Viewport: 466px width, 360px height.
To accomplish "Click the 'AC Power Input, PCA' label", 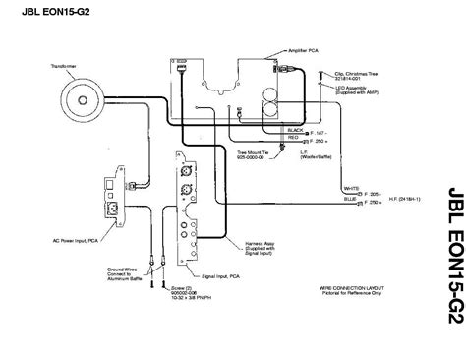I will pyautogui.click(x=72, y=240).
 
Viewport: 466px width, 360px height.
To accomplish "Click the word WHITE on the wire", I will pyautogui.click(x=350, y=188).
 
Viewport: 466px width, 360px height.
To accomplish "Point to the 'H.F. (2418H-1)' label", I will pyautogui.click(x=412, y=198).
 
